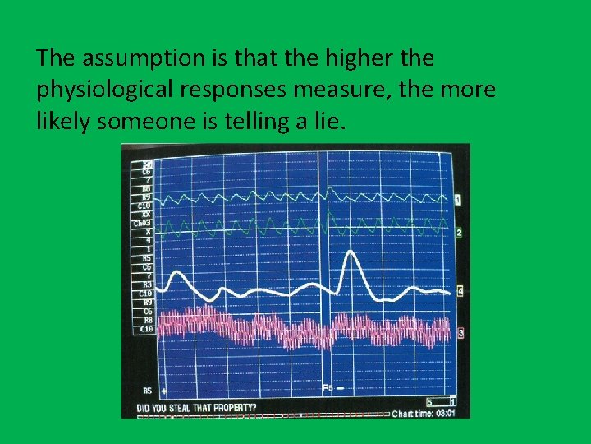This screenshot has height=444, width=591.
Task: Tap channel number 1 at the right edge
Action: coord(458,200)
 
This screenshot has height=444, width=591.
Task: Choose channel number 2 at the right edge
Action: coord(458,233)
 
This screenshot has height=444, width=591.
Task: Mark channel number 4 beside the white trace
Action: coord(459,291)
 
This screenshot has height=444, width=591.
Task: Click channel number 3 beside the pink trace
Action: coord(459,332)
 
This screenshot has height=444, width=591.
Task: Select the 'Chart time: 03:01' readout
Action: coord(423,414)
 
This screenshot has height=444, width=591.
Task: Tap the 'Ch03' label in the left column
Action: coord(142,223)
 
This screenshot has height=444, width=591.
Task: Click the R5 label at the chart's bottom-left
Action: coord(147,391)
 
